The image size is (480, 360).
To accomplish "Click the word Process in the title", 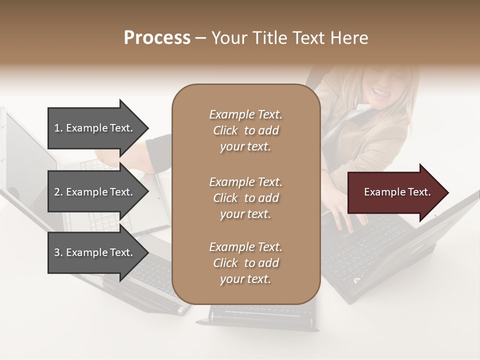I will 157,38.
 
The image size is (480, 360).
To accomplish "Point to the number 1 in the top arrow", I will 57,128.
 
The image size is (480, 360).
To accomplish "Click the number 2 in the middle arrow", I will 57,192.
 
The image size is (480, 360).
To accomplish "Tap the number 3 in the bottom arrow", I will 57,252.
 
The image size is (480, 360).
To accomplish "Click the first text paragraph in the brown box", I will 245,130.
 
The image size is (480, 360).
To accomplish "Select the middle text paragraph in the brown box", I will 245,197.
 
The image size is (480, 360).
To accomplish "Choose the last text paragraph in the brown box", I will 245,263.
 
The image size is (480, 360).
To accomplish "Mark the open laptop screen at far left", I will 27,160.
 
